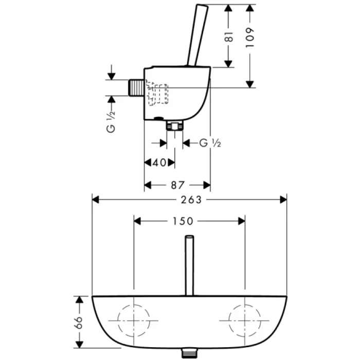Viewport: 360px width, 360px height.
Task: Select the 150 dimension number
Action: coord(183,221)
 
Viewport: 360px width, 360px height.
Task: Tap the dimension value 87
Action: coord(176,185)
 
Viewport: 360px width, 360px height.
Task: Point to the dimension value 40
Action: coord(160,163)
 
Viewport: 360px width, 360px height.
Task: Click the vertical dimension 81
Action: coord(229,36)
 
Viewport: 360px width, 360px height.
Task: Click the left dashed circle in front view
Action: coord(134,320)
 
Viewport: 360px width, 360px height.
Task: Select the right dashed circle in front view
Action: coord(245,320)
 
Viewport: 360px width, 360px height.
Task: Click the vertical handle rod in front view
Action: coord(189,265)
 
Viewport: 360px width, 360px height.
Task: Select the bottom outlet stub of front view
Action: coord(189,354)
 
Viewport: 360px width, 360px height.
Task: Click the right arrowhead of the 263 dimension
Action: coord(283,200)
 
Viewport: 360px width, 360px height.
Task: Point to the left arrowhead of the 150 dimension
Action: coord(137,221)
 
